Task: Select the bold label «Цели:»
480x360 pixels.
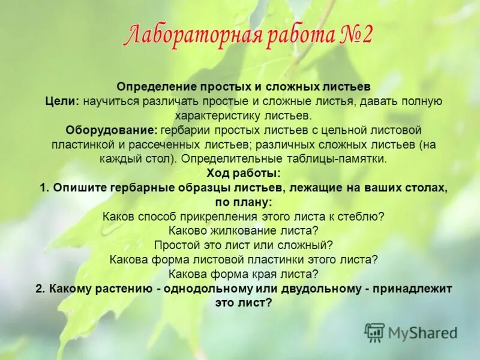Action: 62,101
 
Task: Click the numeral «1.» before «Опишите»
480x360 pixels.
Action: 44,188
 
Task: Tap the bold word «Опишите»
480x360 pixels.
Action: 80,188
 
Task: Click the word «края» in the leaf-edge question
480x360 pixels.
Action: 265,274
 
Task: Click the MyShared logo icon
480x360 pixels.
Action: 375,332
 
